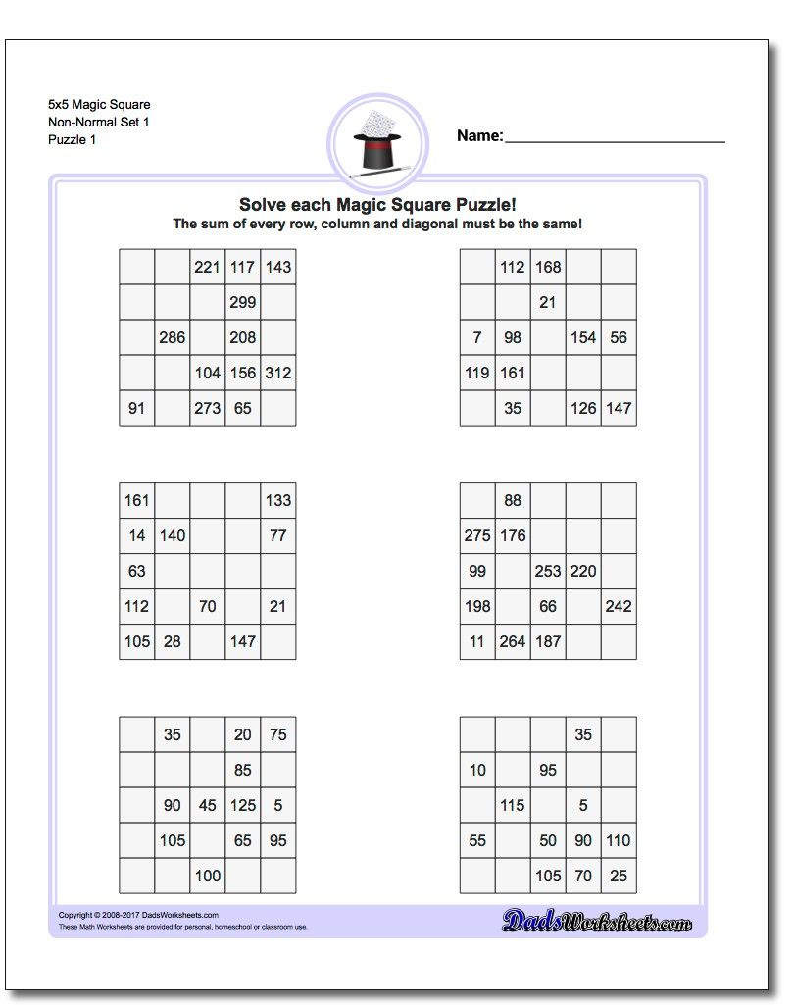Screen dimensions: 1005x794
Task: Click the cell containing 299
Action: click(242, 302)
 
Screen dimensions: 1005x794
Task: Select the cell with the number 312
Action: click(277, 373)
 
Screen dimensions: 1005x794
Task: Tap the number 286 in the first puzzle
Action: click(172, 337)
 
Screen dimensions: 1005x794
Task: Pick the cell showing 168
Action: click(548, 267)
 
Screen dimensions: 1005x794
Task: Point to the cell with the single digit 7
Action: click(477, 337)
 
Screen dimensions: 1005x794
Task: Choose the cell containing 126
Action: click(583, 408)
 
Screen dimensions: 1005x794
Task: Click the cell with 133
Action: click(277, 500)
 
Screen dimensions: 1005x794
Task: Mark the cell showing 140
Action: click(172, 535)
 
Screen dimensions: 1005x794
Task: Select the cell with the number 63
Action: click(136, 571)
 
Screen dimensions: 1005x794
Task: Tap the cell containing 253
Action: click(548, 571)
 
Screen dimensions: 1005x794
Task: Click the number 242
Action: click(619, 606)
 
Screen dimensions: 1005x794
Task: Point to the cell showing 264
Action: click(513, 641)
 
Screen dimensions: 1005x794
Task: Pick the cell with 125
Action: click(242, 805)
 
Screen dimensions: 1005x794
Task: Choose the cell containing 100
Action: click(207, 876)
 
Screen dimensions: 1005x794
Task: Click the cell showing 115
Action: click(513, 805)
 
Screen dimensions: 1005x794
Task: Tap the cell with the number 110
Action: click(619, 840)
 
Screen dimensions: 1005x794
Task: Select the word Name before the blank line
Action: click(479, 136)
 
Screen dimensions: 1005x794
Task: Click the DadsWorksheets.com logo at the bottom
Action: click(597, 920)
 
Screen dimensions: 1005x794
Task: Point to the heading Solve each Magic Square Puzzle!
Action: click(377, 205)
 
